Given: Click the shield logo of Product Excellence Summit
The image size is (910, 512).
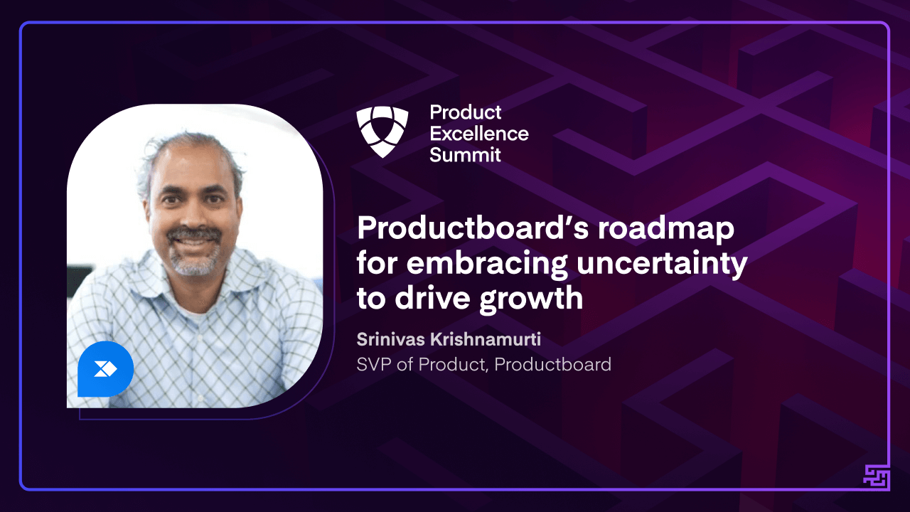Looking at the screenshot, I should pos(382,132).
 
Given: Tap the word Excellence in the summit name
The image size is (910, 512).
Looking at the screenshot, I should pos(479,133).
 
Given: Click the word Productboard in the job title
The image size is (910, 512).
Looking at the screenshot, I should pos(552,365).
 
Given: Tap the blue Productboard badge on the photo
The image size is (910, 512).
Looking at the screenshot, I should pos(105,369).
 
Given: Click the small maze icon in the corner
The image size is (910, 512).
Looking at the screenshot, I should pos(877,476).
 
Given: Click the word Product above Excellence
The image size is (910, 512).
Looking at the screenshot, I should pos(466,112).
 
